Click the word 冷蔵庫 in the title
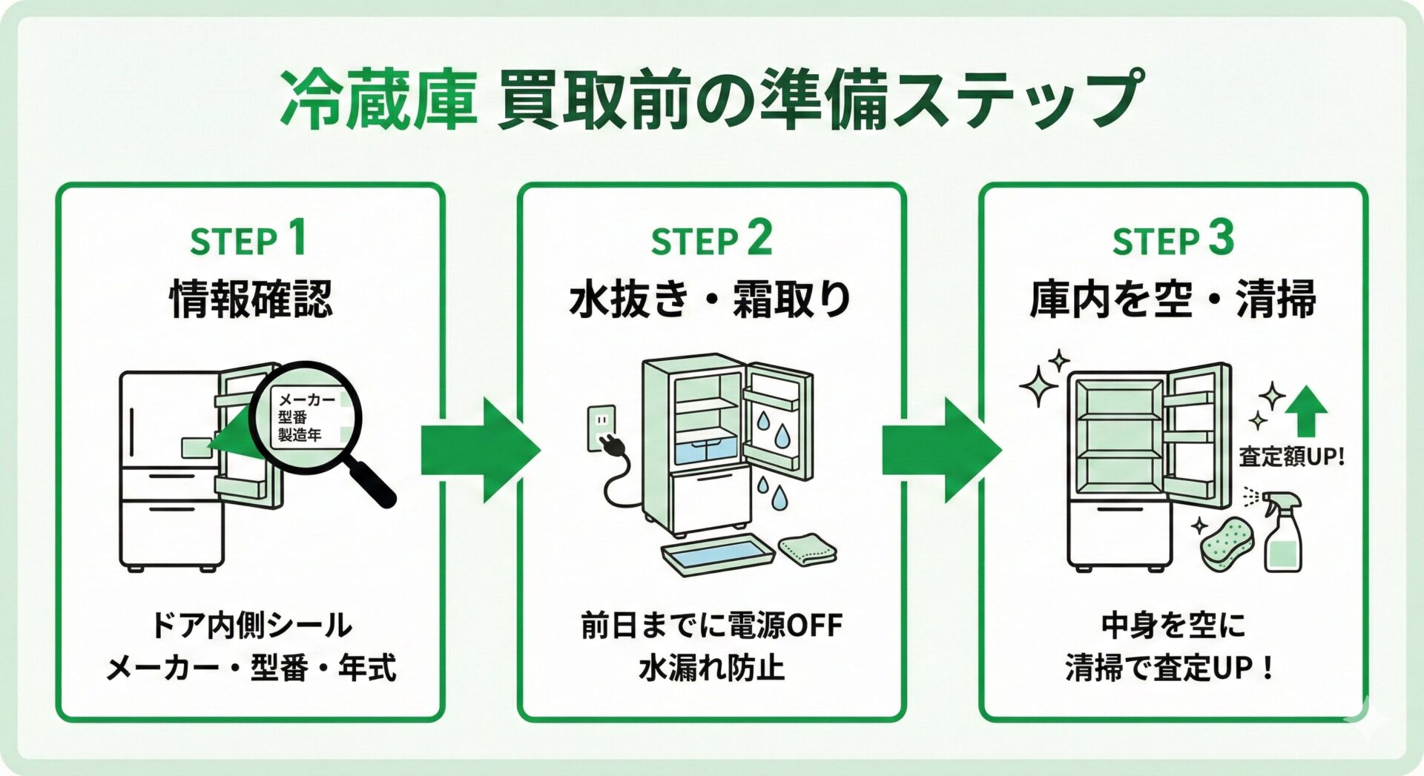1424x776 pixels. pos(378,99)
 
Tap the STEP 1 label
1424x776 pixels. pos(248,239)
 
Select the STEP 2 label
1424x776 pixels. pos(711,239)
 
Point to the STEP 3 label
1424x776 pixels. pos(1173,239)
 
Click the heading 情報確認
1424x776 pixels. pos(251,299)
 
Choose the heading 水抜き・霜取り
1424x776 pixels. pos(711,299)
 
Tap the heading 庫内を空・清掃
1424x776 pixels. pos(1173,299)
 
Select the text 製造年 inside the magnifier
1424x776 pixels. pos(300,435)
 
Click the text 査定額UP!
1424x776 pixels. pos(1291,457)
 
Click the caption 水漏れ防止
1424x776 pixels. pos(711,667)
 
